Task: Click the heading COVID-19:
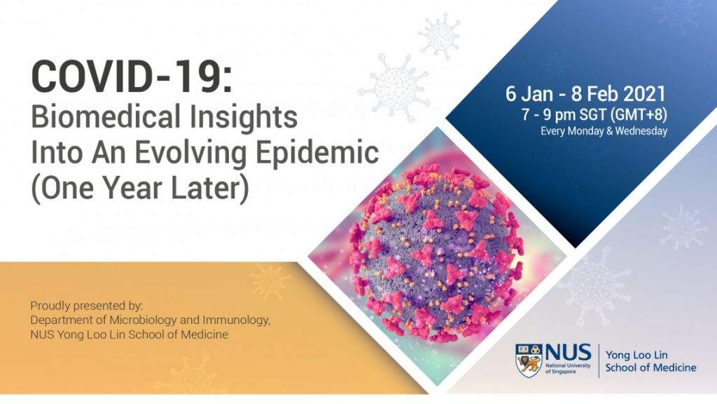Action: [132, 77]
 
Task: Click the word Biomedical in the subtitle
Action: [105, 117]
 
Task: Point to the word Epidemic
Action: [317, 152]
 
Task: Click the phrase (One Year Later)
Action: [140, 187]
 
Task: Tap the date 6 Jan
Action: [529, 95]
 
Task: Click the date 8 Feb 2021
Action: [618, 94]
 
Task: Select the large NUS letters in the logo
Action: [568, 353]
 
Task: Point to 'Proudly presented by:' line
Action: [86, 305]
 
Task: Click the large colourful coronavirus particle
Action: [436, 255]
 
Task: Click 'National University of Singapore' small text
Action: [568, 369]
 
